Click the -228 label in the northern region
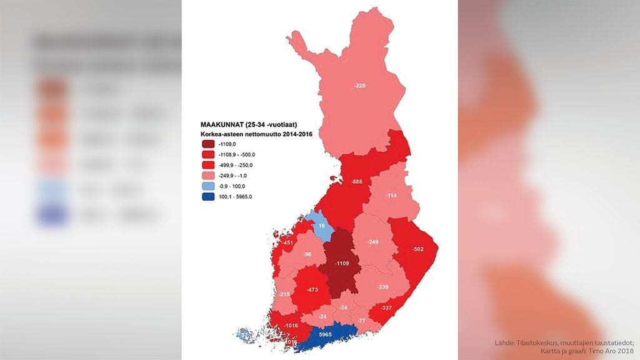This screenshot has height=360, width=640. [x=359, y=86]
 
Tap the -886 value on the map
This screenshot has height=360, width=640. [x=357, y=181]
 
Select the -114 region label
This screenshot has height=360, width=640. [x=392, y=196]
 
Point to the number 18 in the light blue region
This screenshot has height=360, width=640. [x=322, y=226]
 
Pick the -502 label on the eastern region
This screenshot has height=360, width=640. [x=418, y=250]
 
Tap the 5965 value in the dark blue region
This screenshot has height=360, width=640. [x=325, y=335]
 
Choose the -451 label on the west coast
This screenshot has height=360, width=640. [x=287, y=242]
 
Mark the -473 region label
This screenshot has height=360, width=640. [x=314, y=290]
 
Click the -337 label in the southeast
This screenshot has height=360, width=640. [x=386, y=307]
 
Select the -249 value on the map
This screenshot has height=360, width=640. [x=373, y=242]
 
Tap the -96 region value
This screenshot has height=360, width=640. [x=307, y=255]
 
